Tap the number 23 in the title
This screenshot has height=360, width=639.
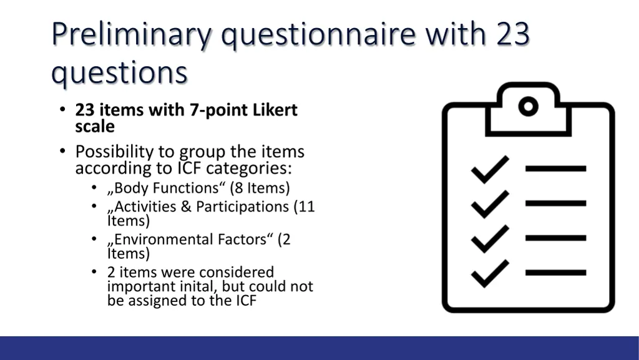[513, 34]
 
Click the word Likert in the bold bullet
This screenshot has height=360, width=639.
[275, 110]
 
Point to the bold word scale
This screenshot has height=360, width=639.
[95, 127]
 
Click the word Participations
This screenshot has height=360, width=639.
[243, 207]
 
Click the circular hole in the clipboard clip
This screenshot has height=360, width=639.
[528, 107]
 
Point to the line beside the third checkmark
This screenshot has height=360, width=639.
[556, 238]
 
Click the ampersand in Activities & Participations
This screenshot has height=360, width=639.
[186, 207]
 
